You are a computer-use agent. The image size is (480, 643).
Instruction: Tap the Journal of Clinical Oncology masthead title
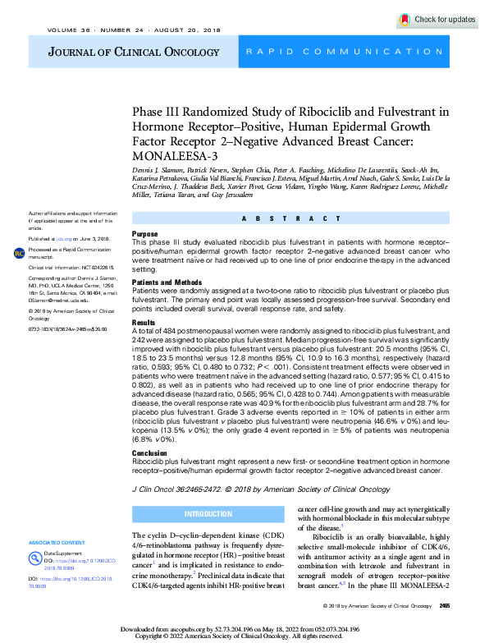(x=121, y=52)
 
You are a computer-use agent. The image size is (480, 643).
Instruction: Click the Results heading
(x=144, y=324)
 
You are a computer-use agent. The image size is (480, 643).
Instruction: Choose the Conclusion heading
(x=149, y=452)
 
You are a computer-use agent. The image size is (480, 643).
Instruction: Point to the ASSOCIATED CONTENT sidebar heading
(x=57, y=543)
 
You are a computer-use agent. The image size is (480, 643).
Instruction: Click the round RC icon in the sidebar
(x=19, y=253)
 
